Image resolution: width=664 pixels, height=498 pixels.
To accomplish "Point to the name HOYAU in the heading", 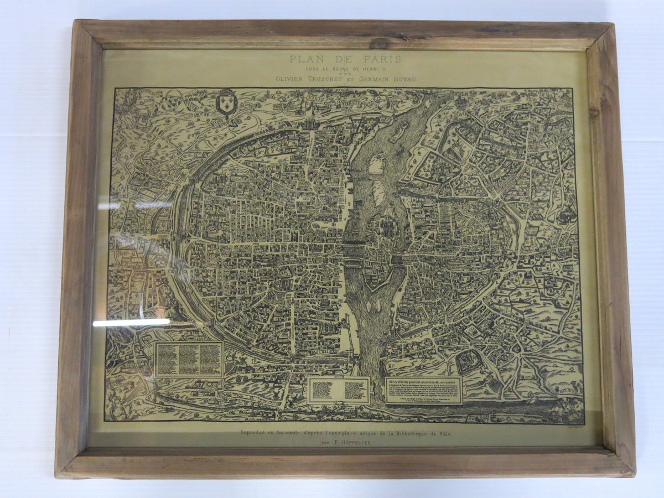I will (x=404, y=79).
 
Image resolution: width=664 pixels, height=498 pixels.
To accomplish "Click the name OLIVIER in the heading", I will (x=290, y=79).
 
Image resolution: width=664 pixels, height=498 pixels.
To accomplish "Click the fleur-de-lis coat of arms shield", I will (x=225, y=101).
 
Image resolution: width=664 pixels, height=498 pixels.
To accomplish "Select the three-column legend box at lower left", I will (x=189, y=359).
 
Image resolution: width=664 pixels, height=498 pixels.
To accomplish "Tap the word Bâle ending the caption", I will (x=444, y=433).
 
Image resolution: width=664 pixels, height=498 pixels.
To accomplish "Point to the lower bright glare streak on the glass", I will (x=132, y=322).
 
